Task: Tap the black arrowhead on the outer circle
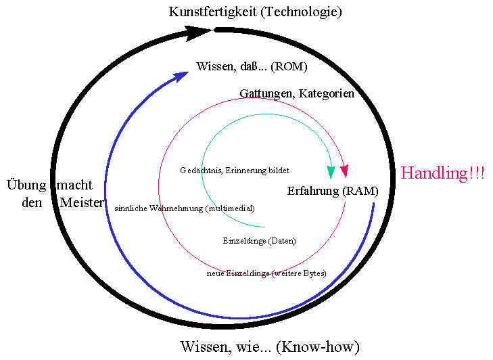199,32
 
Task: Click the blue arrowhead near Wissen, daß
181,74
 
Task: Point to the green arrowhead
331,173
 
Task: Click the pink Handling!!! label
442,173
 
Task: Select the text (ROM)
289,66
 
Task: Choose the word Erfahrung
312,191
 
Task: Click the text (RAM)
360,191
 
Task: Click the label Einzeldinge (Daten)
259,240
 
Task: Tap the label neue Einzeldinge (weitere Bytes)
266,273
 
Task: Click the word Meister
83,202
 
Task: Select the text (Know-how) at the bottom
320,347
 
